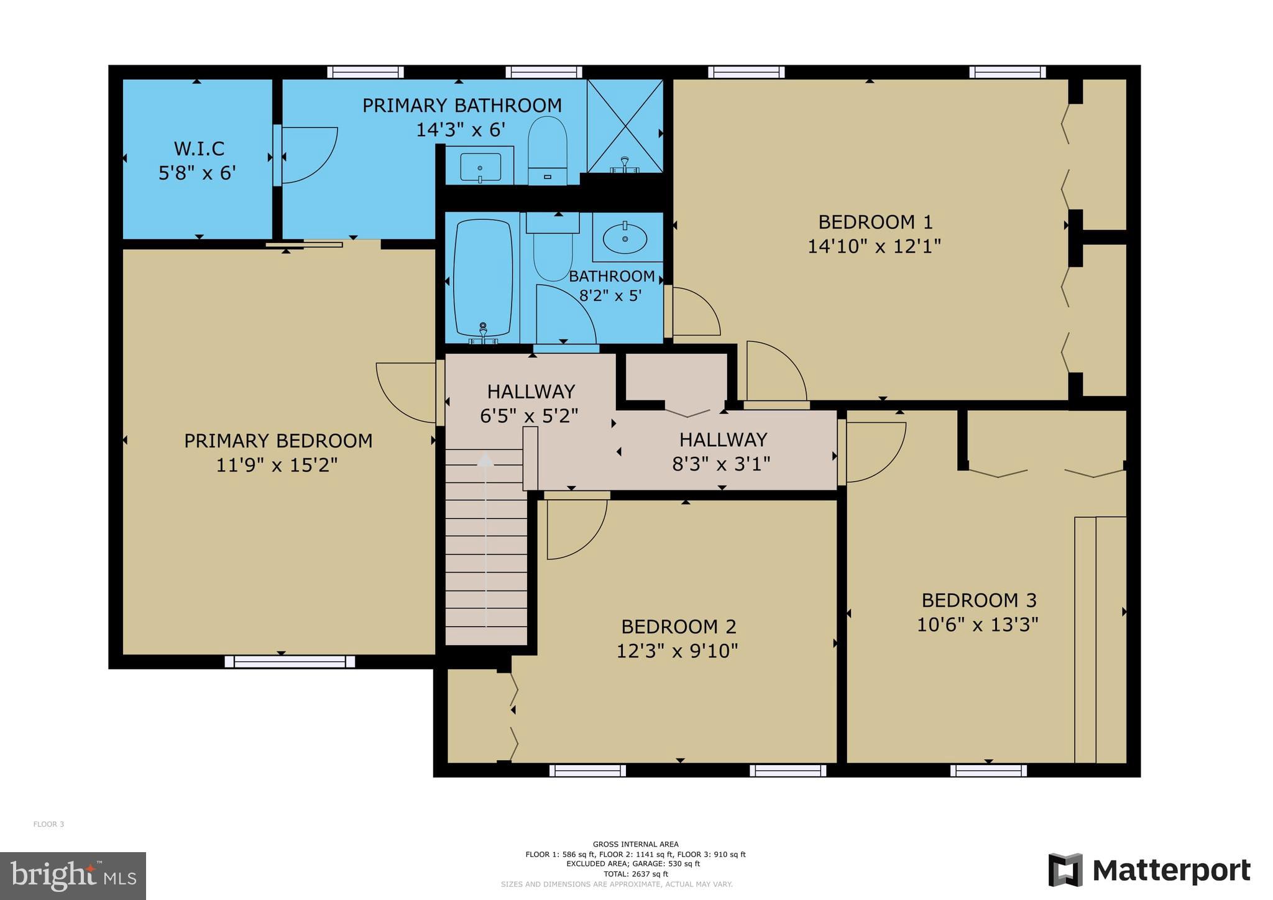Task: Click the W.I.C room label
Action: [x=199, y=149]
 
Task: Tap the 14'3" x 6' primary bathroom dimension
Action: [x=461, y=130]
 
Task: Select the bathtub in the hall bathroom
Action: [x=483, y=278]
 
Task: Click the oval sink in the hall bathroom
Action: [x=625, y=239]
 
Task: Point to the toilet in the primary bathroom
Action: [x=547, y=149]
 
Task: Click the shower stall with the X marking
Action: [x=625, y=126]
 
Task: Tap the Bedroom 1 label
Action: [x=875, y=222]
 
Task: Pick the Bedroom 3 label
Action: [x=978, y=600]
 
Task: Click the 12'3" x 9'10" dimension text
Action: [x=677, y=651]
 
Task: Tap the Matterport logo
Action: [x=1149, y=870]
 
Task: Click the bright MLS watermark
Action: [x=73, y=876]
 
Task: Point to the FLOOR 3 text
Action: [x=48, y=824]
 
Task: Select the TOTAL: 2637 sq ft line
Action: [x=635, y=874]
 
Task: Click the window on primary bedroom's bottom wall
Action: [x=290, y=661]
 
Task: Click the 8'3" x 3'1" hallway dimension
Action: [x=721, y=464]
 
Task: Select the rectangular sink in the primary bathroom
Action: [x=480, y=167]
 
